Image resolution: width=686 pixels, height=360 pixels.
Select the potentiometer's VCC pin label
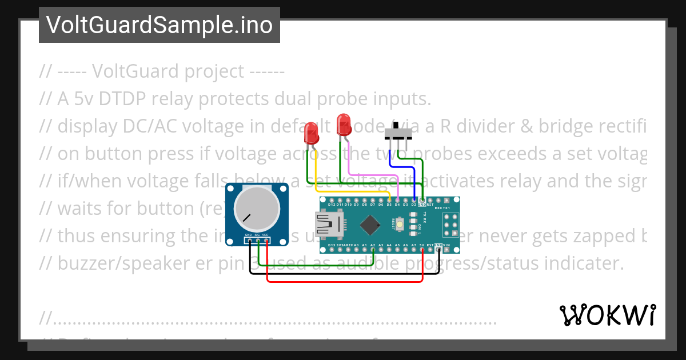pos(266,235)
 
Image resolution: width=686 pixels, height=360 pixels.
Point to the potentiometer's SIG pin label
pos(258,235)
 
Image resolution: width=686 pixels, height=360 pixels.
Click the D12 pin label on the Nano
pos(332,204)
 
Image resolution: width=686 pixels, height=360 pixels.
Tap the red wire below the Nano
pos(343,281)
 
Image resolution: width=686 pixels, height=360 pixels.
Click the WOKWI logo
pos(607,315)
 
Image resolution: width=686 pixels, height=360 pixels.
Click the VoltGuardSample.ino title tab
pos(159,25)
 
